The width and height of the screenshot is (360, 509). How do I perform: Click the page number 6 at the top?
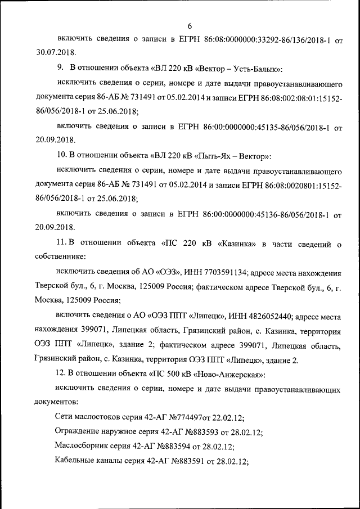190,26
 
